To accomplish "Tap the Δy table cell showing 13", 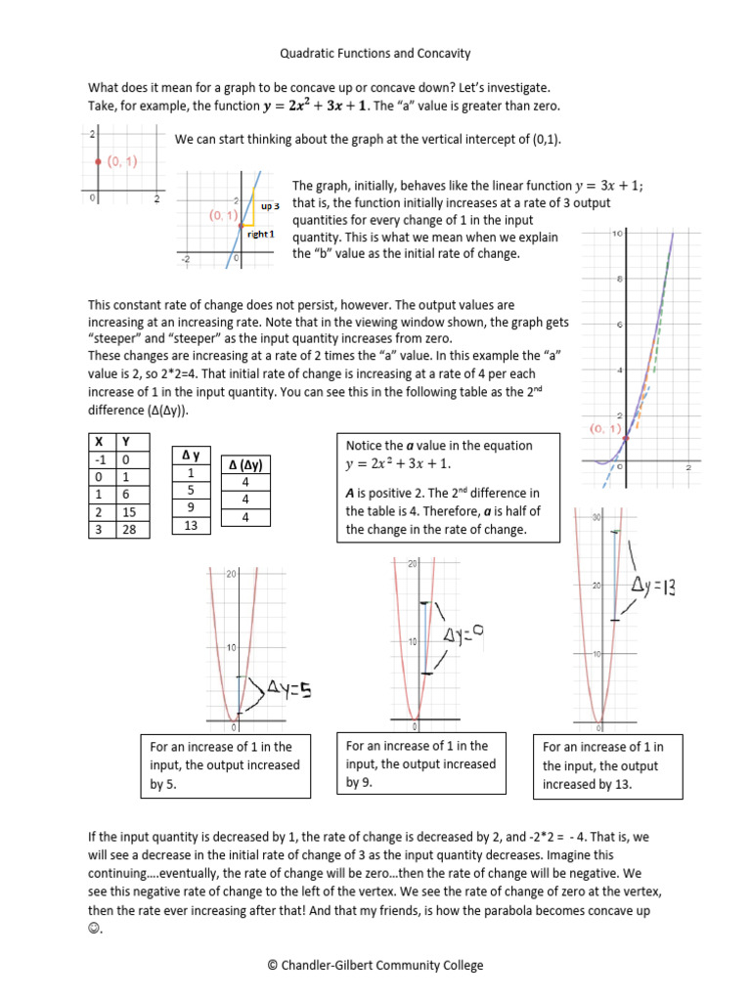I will (191, 526).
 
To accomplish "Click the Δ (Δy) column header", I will (244, 464).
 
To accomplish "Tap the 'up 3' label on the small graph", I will (270, 206).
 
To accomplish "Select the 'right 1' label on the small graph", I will (261, 235).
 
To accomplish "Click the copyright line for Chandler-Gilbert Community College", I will (375, 965).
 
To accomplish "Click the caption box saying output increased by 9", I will (420, 763).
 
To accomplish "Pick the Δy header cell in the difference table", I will (191, 456).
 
